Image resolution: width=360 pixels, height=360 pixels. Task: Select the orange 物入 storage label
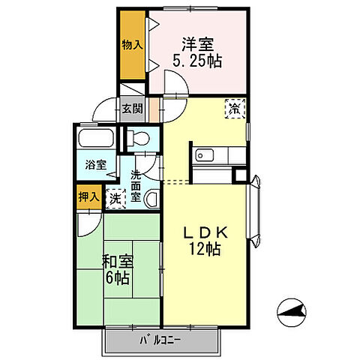pyautogui.click(x=132, y=45)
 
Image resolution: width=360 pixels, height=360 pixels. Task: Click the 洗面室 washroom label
pyautogui.click(x=136, y=186)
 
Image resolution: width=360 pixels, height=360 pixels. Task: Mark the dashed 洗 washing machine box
pyautogui.click(x=115, y=199)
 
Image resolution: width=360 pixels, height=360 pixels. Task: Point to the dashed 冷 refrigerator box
pyautogui.click(x=233, y=109)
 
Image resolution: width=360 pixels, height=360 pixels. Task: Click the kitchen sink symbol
pyautogui.click(x=204, y=155)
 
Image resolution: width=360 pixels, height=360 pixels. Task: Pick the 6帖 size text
pyautogui.click(x=118, y=278)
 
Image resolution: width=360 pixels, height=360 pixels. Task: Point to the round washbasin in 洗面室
pyautogui.click(x=151, y=199)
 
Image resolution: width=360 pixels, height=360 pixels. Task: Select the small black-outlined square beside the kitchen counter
pyautogui.click(x=239, y=176)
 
